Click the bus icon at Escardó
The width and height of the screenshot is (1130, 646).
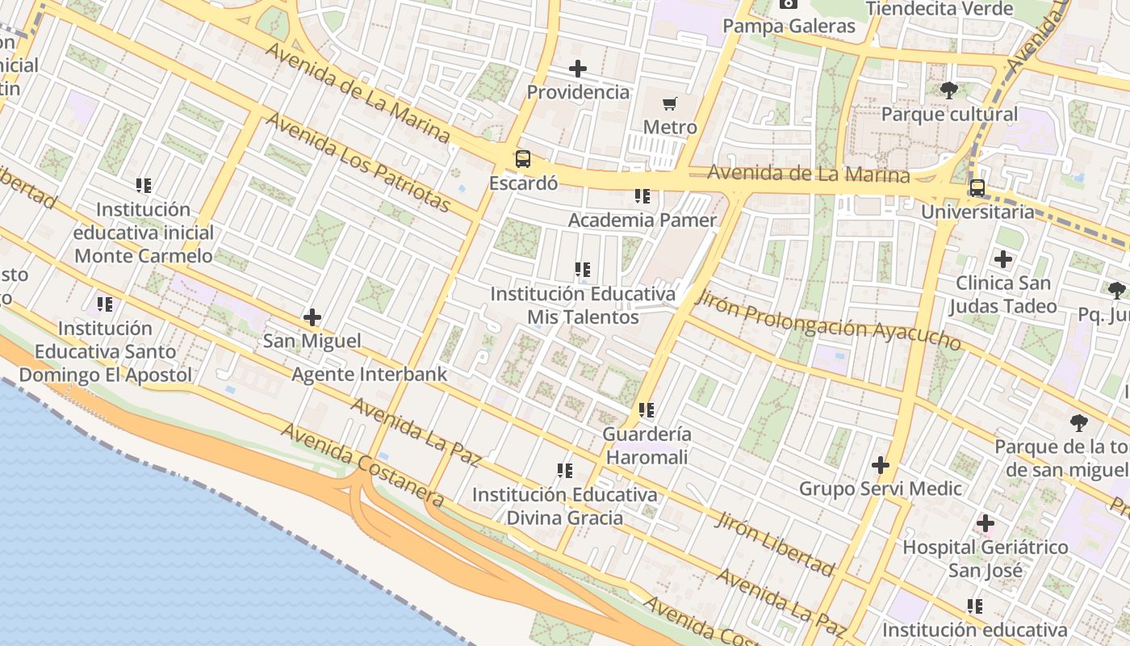click(x=523, y=159)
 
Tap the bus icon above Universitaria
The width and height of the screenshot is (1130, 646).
click(x=977, y=188)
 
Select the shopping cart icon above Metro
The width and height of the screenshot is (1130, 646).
click(x=669, y=103)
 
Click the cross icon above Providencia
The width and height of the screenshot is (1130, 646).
click(x=578, y=69)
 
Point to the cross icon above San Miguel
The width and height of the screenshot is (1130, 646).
click(x=312, y=317)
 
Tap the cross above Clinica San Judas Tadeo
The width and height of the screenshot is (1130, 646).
click(x=1002, y=259)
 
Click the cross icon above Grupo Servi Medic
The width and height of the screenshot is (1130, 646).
click(x=881, y=465)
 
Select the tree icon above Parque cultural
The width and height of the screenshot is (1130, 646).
click(x=949, y=90)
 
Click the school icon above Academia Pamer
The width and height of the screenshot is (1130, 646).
click(x=642, y=196)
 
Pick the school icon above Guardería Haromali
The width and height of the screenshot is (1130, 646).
click(x=646, y=410)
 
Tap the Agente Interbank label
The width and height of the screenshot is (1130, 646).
click(x=369, y=375)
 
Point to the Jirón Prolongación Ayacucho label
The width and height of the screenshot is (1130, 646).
click(x=828, y=321)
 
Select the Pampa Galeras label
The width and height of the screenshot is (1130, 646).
click(x=789, y=27)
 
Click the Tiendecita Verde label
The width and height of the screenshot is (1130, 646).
click(x=940, y=9)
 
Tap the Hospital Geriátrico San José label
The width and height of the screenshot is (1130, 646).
click(x=985, y=559)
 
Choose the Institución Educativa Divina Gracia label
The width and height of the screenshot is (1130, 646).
click(x=564, y=506)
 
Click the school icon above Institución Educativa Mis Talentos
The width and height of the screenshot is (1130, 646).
click(x=582, y=270)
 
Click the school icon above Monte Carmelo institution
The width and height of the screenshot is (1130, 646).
click(x=144, y=186)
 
